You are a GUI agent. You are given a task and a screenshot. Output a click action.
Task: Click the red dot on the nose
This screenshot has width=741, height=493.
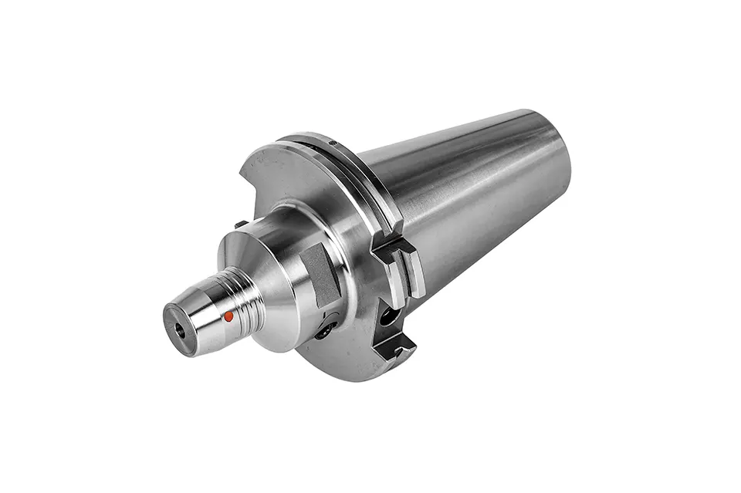point(228,316)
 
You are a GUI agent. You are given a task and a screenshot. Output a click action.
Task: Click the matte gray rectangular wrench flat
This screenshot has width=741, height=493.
point(322,273)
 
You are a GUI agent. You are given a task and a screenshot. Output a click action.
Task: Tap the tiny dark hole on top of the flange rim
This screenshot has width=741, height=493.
point(331,143)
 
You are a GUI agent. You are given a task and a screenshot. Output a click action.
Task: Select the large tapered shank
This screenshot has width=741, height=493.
point(463,193)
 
